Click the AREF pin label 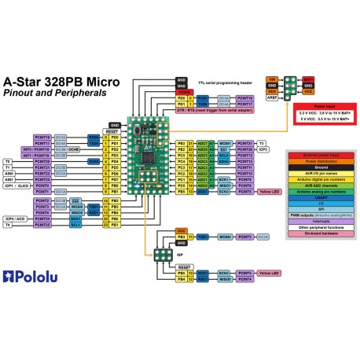tap(273, 97)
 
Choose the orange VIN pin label tap(273, 79)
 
